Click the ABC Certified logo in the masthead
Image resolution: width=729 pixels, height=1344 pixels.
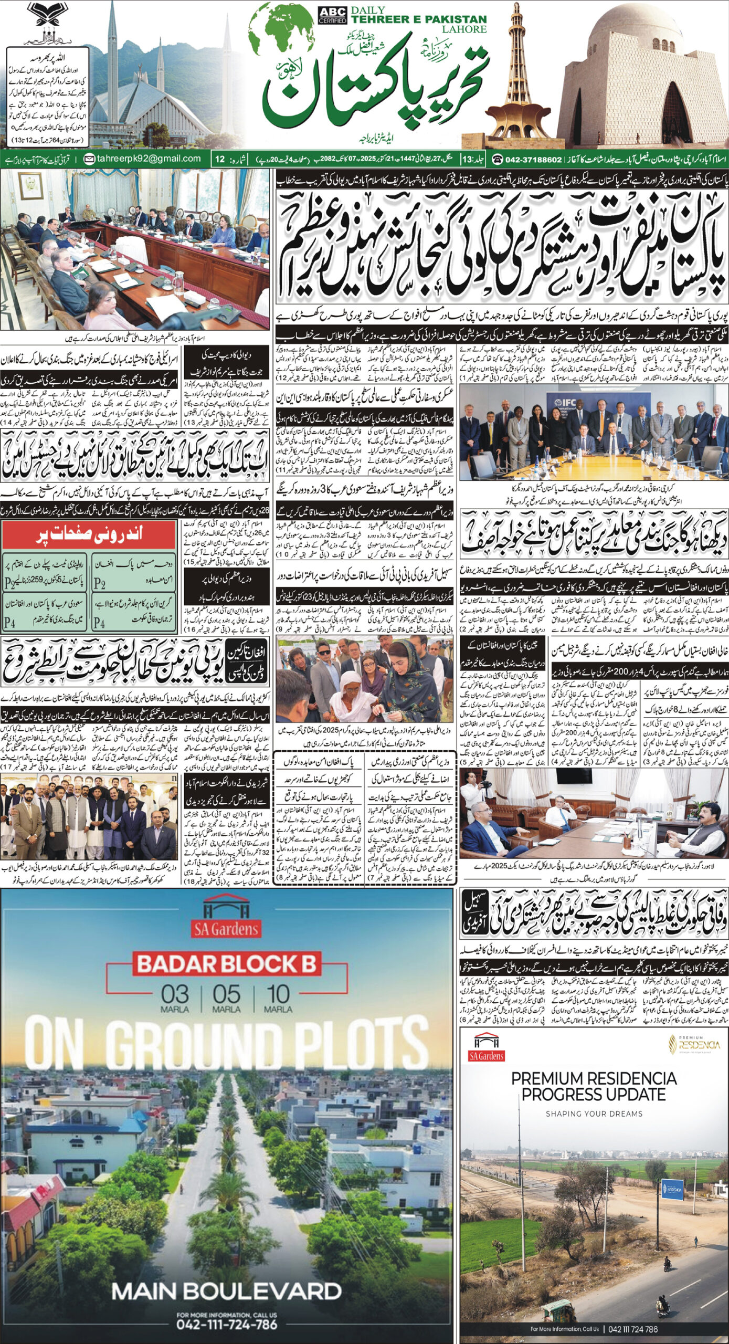coord(332,15)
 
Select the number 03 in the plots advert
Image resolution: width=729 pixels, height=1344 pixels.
coord(175,994)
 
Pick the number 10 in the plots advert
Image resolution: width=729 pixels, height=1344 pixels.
coord(278,994)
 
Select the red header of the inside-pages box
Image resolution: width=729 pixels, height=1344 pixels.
coord(89,535)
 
